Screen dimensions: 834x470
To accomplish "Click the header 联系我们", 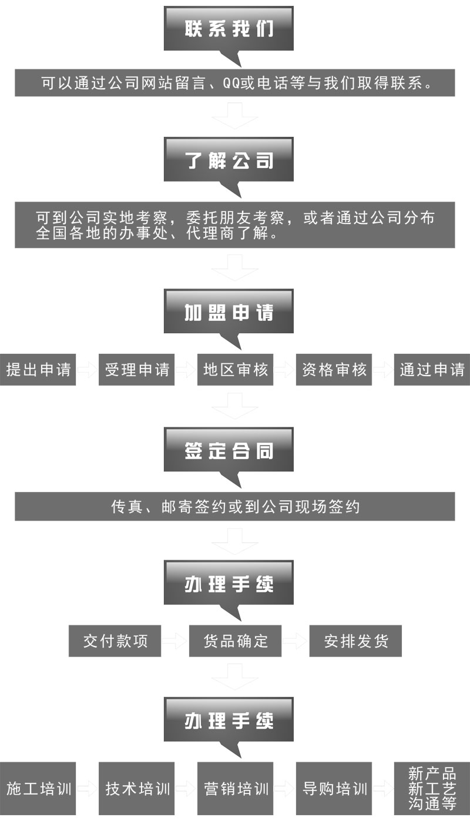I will (x=229, y=28).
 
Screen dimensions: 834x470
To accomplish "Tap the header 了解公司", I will (x=229, y=160).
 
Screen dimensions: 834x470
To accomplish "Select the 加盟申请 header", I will (x=229, y=312).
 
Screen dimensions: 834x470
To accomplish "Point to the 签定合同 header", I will (x=229, y=451).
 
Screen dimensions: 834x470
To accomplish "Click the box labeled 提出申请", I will (x=38, y=370).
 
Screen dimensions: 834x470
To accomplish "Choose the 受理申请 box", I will (x=137, y=370).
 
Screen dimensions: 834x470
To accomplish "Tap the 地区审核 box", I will (x=235, y=370).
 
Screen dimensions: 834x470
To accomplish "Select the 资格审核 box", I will (x=334, y=370).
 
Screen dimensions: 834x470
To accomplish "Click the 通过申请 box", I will (x=432, y=370).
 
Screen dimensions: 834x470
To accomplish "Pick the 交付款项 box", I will (x=115, y=640).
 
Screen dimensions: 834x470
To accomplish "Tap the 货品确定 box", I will (x=235, y=640).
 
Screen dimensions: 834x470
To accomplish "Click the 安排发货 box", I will (x=355, y=640).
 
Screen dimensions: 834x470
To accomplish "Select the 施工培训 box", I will (x=38, y=788).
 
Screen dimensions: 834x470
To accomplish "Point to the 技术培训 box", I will (x=137, y=788).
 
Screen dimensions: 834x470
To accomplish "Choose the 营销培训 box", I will (x=235, y=788).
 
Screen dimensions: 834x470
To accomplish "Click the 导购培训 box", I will (x=334, y=788).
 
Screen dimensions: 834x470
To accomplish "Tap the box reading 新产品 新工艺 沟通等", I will (x=432, y=788).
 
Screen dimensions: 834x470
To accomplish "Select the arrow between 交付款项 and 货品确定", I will (x=174, y=640).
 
